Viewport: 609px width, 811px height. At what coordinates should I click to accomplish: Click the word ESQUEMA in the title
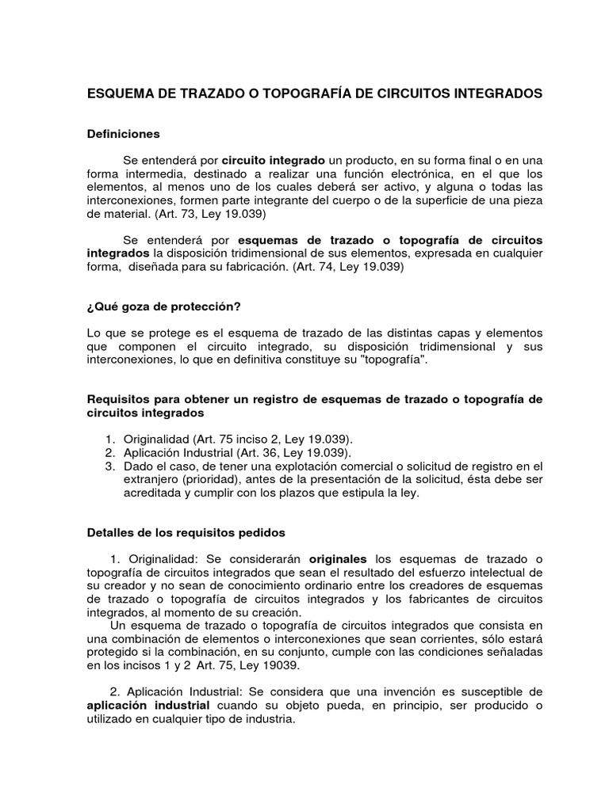(119, 93)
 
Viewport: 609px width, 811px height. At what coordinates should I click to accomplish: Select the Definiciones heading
(123, 134)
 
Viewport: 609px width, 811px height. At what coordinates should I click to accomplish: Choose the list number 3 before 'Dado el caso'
(109, 465)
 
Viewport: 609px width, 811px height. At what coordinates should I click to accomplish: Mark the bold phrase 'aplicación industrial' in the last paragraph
(148, 706)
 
